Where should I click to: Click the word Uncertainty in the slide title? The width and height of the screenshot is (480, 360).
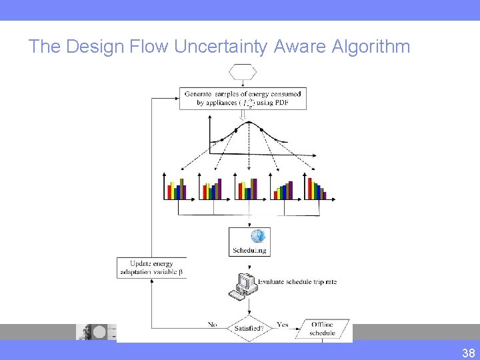[x=221, y=47]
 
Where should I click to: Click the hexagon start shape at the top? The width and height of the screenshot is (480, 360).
[x=243, y=71]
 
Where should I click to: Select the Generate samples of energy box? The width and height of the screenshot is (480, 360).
[x=243, y=98]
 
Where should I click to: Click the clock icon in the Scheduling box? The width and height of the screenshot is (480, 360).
[x=257, y=236]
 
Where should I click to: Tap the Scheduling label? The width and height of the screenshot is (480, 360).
[x=249, y=251]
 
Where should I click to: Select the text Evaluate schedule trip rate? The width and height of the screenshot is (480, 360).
[x=297, y=282]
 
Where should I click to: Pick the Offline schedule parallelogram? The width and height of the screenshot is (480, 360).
[x=323, y=329]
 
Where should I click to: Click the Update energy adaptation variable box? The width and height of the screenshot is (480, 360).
[x=151, y=268]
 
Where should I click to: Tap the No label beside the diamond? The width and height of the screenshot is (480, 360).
[x=213, y=325]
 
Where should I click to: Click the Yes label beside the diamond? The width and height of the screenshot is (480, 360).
[x=283, y=325]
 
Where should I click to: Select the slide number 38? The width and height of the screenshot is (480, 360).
[x=468, y=353]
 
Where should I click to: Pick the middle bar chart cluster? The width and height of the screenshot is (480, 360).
[x=247, y=189]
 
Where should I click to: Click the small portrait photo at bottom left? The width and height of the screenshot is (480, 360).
[x=86, y=332]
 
